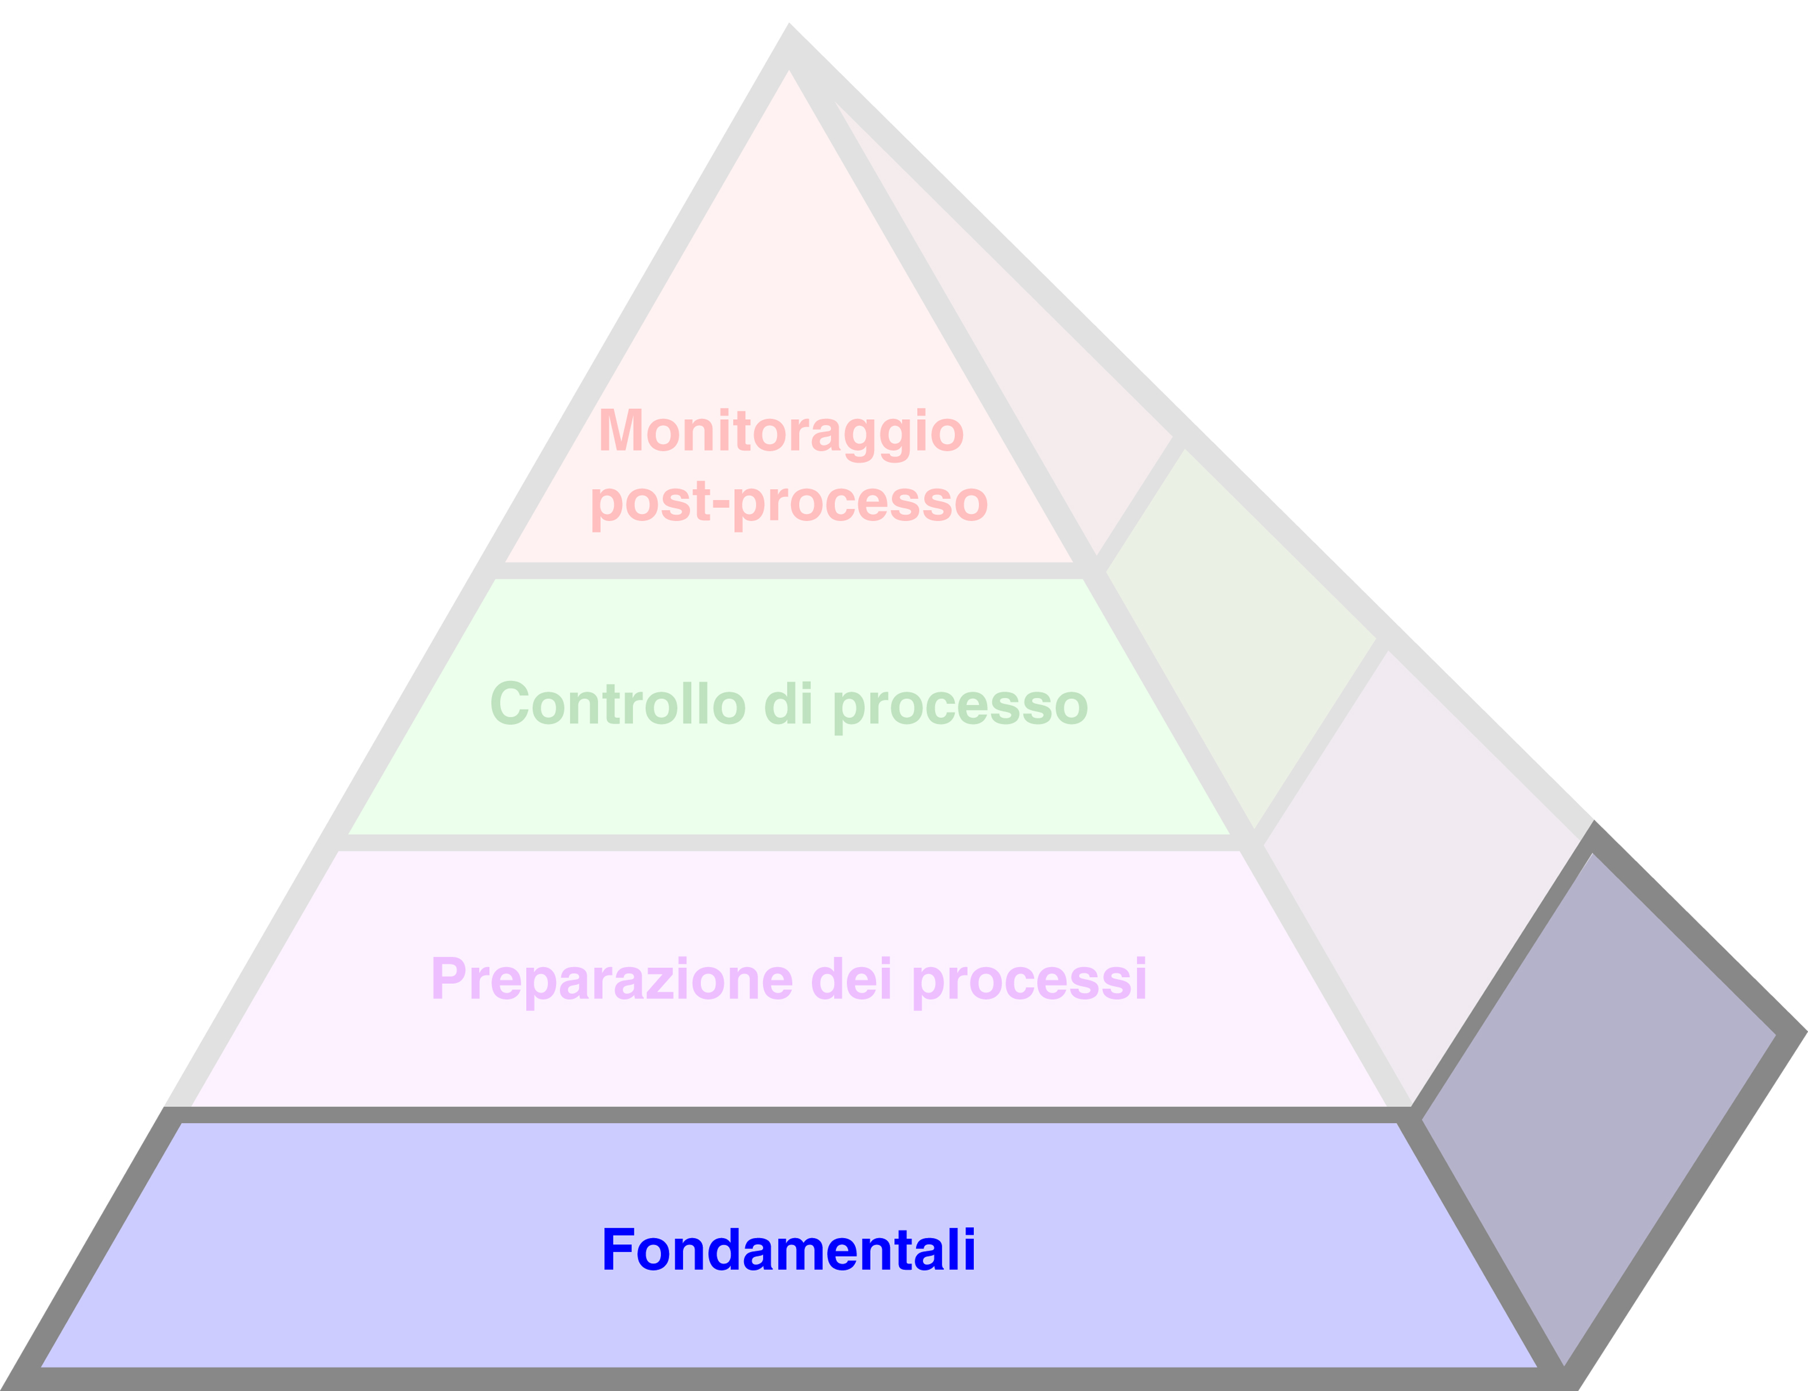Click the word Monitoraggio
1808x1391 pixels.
coord(781,431)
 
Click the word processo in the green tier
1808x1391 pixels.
coord(960,706)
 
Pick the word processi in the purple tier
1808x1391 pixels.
coord(1029,980)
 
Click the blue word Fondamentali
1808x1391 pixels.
coord(788,1249)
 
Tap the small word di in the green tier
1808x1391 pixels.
coord(788,704)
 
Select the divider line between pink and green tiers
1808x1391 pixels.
coord(789,570)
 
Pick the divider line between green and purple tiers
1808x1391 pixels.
coord(789,842)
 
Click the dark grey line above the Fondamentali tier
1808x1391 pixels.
coord(789,1115)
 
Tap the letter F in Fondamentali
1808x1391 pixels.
coord(618,1249)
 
